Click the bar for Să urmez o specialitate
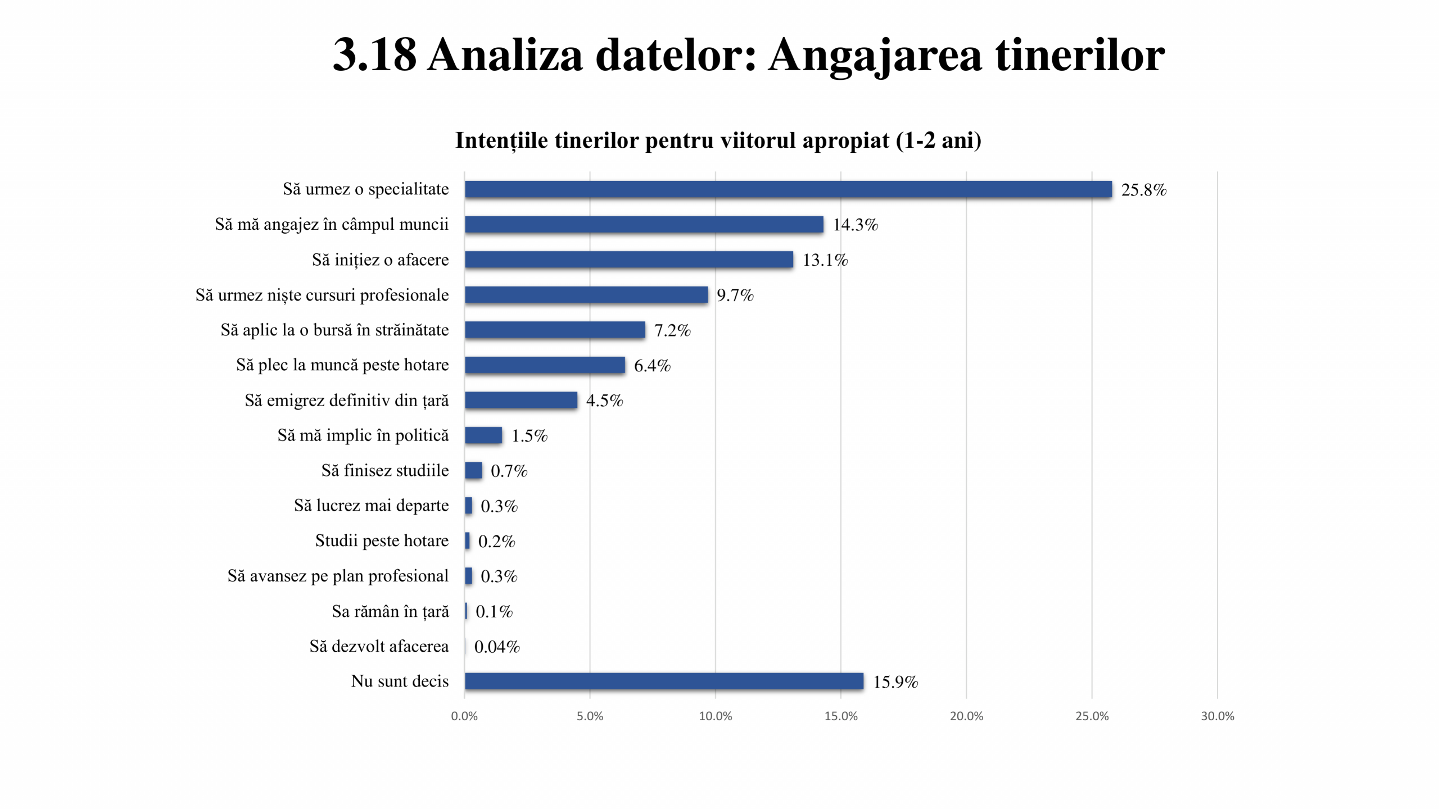(x=788, y=189)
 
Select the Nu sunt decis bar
(x=664, y=681)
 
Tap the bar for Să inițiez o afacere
(x=628, y=260)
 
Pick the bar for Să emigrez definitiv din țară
(x=521, y=400)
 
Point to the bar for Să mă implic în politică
(x=483, y=435)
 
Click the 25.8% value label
(x=1143, y=190)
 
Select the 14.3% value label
(x=855, y=225)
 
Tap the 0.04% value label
(x=497, y=647)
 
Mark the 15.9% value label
(x=895, y=682)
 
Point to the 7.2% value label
(x=672, y=330)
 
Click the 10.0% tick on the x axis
(x=715, y=716)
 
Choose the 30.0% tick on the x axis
(x=1218, y=716)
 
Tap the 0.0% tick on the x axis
(x=464, y=716)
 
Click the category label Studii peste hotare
(x=382, y=540)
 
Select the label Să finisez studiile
(x=385, y=470)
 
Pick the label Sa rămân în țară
(x=390, y=611)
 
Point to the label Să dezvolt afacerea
(x=379, y=646)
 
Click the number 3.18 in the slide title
(x=374, y=55)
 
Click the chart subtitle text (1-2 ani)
(x=938, y=140)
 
